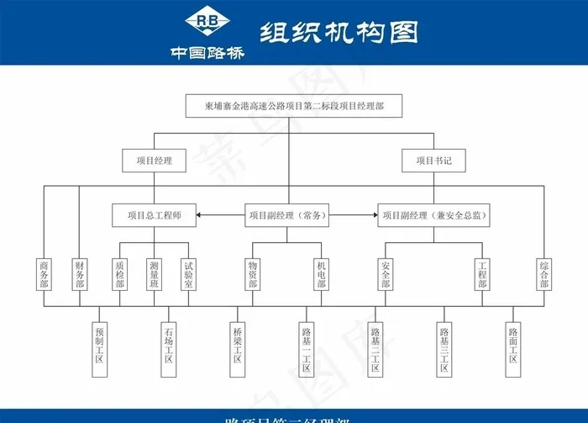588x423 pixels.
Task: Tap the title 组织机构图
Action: [339, 32]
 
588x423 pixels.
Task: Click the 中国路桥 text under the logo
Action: [207, 52]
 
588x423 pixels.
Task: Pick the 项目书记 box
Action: [433, 160]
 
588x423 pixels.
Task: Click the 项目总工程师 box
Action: [154, 215]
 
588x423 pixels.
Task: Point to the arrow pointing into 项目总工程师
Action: [202, 215]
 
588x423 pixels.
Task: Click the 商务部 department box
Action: [45, 274]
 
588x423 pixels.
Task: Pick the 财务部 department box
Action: [80, 274]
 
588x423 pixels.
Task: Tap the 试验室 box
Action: [189, 274]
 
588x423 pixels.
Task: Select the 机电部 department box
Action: [322, 274]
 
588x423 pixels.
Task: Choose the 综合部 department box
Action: [544, 274]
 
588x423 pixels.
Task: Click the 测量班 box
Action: [154, 274]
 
